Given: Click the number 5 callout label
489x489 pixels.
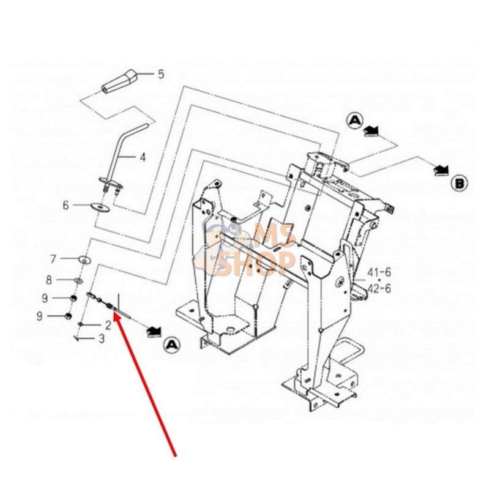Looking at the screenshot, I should (x=161, y=75).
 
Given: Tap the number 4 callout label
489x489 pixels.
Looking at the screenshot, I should (x=143, y=157).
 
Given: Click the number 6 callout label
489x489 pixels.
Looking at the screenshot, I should (x=66, y=206).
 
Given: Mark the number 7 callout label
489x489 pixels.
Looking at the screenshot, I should (x=53, y=258).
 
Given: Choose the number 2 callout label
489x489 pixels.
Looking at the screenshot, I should (x=108, y=324).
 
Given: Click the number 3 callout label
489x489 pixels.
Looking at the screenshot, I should (x=102, y=337).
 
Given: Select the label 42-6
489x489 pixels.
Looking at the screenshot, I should (x=379, y=288).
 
